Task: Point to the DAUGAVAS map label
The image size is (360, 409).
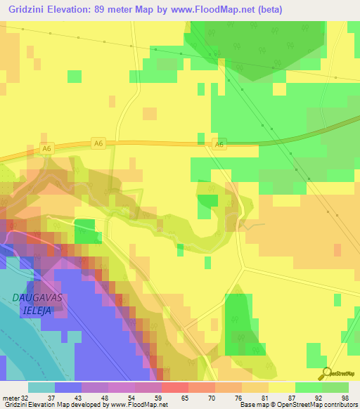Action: (37, 297)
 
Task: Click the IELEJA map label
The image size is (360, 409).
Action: (37, 309)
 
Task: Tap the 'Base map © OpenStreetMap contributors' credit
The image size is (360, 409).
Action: (298, 405)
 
